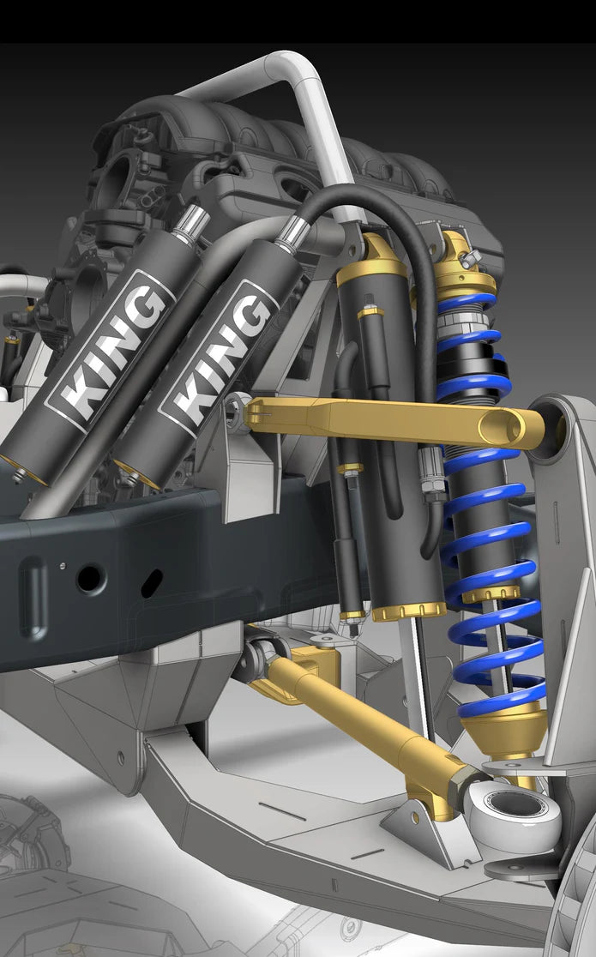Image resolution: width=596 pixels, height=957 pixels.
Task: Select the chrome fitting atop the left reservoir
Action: (190, 223)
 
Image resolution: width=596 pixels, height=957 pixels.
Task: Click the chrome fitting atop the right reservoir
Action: (292, 232)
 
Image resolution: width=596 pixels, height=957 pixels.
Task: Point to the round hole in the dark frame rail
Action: (90, 578)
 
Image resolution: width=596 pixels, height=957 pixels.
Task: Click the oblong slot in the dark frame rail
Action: (152, 583)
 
